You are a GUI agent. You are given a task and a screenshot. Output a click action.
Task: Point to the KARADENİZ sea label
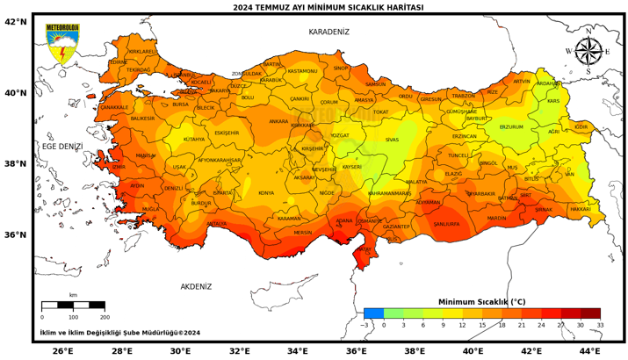[x=328, y=32]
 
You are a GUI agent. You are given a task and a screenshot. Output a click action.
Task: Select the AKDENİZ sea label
[x=196, y=286]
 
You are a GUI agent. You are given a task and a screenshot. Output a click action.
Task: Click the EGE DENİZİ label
[x=61, y=146]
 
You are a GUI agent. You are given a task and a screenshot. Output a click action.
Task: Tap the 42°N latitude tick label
[x=15, y=21]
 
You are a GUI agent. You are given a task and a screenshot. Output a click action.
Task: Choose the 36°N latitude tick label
[x=15, y=234]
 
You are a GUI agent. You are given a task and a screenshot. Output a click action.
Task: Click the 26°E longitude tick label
[x=62, y=351]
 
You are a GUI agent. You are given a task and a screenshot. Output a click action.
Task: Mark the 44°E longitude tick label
[x=589, y=351]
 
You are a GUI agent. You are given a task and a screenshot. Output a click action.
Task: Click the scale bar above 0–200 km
[x=73, y=306]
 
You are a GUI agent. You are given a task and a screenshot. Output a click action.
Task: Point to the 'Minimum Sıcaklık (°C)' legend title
[x=481, y=301]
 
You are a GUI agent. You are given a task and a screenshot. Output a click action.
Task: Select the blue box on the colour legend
[x=373, y=313]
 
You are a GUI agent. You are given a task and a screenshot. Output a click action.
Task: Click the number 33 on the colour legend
[x=600, y=325]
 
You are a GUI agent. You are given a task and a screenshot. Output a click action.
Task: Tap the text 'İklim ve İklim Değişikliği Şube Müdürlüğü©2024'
[x=119, y=333]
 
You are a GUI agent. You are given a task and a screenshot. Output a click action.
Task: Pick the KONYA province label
[x=266, y=193]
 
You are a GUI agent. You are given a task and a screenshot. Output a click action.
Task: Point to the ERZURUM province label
[x=511, y=127]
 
